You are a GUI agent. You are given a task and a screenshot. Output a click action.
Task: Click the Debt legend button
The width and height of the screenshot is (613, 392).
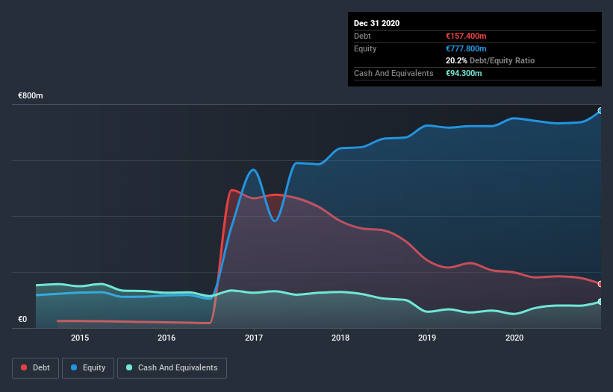click(x=34, y=367)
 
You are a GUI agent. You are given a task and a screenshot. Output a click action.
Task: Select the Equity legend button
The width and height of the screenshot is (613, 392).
click(x=88, y=367)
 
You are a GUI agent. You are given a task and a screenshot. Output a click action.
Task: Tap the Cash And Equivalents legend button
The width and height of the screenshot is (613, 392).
click(x=172, y=367)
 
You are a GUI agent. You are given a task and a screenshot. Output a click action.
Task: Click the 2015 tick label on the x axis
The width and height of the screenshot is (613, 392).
click(x=80, y=338)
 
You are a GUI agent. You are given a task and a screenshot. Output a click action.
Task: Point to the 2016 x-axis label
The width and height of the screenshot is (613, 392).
click(x=167, y=338)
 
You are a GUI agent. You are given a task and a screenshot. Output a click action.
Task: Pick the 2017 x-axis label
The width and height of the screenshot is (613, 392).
click(x=254, y=338)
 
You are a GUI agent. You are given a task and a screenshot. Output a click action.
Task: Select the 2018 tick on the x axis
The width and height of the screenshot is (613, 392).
click(x=340, y=338)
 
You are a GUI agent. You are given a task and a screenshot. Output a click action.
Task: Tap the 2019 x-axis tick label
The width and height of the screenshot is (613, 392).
click(x=427, y=338)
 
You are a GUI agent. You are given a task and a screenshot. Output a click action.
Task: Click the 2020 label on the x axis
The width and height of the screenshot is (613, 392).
click(x=514, y=338)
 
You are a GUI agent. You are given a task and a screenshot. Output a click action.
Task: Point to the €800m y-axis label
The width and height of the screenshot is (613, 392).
click(x=31, y=96)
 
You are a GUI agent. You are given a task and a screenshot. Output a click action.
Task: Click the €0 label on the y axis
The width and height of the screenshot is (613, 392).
click(x=22, y=320)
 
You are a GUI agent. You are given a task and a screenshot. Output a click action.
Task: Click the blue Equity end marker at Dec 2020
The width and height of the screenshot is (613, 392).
click(x=600, y=110)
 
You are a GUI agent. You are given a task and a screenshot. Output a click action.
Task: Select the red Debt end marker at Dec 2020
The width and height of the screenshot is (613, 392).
click(x=600, y=284)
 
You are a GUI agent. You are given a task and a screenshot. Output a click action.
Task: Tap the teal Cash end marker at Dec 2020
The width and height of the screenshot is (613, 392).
click(x=600, y=302)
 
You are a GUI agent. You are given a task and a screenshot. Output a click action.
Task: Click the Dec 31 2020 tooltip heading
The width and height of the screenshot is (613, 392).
click(x=377, y=23)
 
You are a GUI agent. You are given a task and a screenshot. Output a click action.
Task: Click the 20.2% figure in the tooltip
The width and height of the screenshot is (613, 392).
click(x=455, y=60)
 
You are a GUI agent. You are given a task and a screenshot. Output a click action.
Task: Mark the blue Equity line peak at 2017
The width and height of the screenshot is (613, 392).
click(x=254, y=170)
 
